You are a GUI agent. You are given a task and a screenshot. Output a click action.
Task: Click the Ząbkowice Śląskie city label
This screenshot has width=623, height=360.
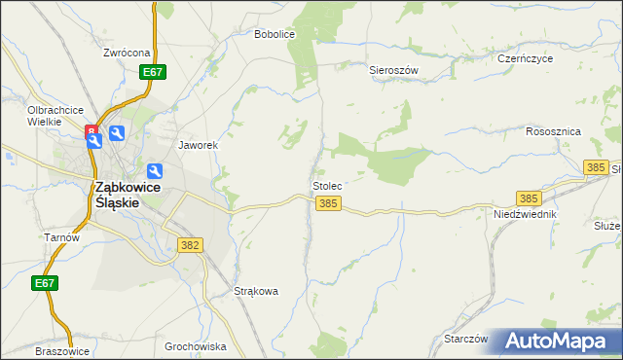click(117, 195)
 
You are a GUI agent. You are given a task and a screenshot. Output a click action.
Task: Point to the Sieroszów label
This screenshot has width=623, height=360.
click(393, 70)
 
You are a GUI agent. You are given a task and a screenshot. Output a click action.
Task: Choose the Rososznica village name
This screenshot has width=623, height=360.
click(553, 130)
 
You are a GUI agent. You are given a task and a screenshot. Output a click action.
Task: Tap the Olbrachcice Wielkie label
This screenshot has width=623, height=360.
click(55, 117)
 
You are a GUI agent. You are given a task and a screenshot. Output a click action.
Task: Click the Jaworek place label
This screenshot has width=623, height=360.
click(198, 145)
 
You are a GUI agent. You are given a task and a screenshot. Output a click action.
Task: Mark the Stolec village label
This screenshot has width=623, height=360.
click(327, 184)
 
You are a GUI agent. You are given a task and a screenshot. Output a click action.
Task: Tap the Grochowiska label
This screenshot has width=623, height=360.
click(196, 346)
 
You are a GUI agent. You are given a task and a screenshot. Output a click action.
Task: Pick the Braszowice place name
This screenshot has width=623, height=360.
click(61, 351)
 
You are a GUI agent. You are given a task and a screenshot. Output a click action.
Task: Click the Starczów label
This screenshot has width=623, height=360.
click(465, 339)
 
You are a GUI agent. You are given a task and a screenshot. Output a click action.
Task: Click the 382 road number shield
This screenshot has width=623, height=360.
click(190, 245)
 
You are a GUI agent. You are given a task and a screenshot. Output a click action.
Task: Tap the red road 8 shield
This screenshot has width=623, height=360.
click(92, 129)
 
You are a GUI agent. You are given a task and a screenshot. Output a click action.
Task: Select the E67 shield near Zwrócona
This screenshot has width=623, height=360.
click(152, 72)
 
